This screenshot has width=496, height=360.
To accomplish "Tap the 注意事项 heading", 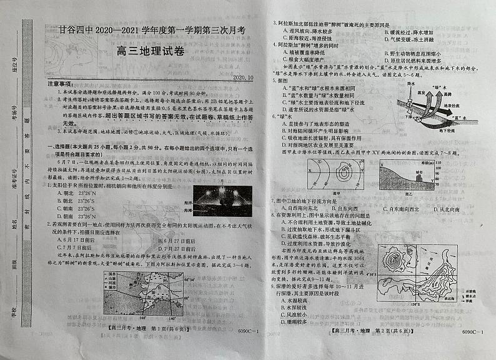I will tap(64, 84).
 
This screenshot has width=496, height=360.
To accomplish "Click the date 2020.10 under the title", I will tap(236, 77).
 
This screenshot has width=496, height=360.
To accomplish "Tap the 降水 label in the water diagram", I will tap(412, 82).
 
